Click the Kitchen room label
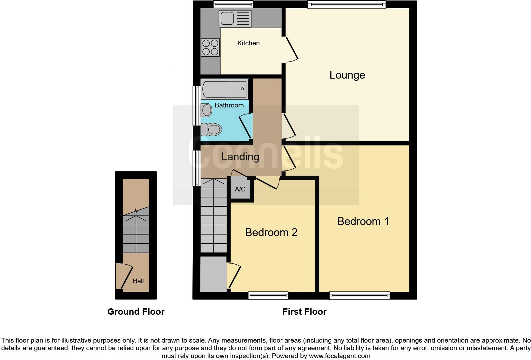pyautogui.click(x=248, y=43)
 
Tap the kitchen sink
pyautogui.click(x=235, y=18)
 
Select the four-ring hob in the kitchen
pyautogui.click(x=210, y=47)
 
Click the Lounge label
pyautogui.click(x=347, y=75)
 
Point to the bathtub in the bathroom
pyautogui.click(x=225, y=89)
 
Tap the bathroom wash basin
pyautogui.click(x=206, y=111)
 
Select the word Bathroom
pyautogui.click(x=229, y=105)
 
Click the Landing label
pyautogui.click(x=240, y=157)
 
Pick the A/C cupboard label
pyautogui.click(x=240, y=189)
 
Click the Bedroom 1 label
pyautogui.click(x=363, y=221)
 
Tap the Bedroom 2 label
pyautogui.click(x=271, y=232)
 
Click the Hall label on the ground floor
pyautogui.click(x=138, y=281)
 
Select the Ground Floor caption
pyautogui.click(x=136, y=312)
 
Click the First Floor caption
pyautogui.click(x=304, y=312)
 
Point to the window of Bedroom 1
pyautogui.click(x=360, y=296)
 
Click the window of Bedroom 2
pyautogui.click(x=268, y=296)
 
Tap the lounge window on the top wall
pyautogui.click(x=347, y=4)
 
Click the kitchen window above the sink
pyautogui.click(x=233, y=4)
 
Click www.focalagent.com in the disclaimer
pyautogui.click(x=339, y=356)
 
